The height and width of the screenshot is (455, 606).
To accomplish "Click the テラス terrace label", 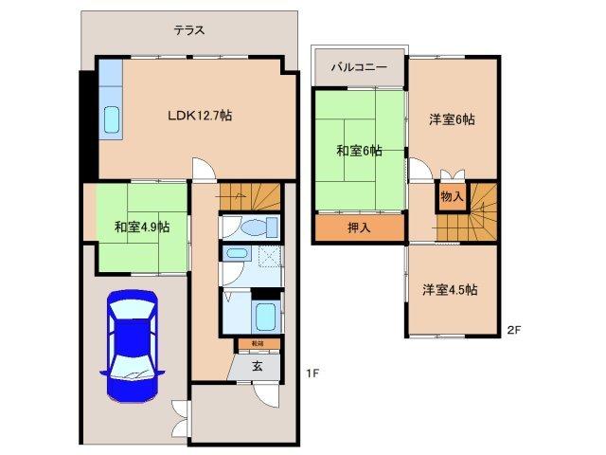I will [x=189, y=29].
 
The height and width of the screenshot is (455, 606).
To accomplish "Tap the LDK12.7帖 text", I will [x=201, y=116].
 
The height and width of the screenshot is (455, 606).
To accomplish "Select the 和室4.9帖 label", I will [x=143, y=227].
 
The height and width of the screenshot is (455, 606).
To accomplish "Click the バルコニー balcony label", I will [x=359, y=68].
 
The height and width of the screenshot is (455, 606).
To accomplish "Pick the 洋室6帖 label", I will [x=452, y=119].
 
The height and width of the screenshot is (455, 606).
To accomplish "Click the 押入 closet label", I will [x=358, y=227].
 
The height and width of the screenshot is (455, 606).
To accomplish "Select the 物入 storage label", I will [x=452, y=197].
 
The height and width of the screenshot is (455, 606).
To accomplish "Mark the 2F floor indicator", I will [x=514, y=330].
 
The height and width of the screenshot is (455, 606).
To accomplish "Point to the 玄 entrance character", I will [x=257, y=365].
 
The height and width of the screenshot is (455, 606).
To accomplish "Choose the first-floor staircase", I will [x=252, y=196].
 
